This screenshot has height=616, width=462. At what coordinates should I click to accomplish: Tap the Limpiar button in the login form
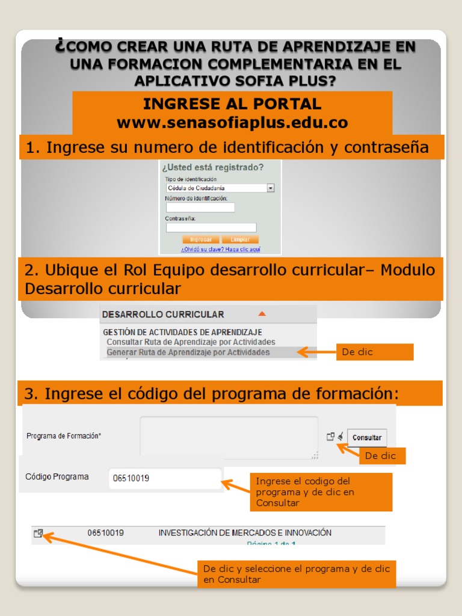(x=240, y=239)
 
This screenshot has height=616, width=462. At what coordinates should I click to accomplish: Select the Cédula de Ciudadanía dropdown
(x=220, y=188)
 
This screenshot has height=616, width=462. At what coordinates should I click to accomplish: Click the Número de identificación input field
(x=200, y=208)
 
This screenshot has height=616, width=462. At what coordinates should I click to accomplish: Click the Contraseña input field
(x=211, y=227)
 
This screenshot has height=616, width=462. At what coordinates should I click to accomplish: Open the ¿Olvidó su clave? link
(x=221, y=249)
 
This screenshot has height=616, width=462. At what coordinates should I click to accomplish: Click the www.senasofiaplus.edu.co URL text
(x=232, y=123)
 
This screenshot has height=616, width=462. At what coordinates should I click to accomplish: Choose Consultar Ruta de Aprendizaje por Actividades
(x=191, y=342)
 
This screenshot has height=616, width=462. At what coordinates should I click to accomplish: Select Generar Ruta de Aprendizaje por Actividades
(x=188, y=352)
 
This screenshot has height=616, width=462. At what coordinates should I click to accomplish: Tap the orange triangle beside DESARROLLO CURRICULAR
(x=262, y=313)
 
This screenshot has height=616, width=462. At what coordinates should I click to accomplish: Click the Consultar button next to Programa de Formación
(x=367, y=437)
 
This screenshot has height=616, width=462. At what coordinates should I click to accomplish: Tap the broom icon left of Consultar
(x=340, y=437)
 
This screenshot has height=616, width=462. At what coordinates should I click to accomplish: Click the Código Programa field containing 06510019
(x=165, y=479)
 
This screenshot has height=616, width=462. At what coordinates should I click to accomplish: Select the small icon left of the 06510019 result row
(x=38, y=533)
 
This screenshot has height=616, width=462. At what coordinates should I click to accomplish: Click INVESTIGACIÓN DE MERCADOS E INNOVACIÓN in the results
(x=245, y=533)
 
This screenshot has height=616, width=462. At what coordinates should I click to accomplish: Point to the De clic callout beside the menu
(x=374, y=352)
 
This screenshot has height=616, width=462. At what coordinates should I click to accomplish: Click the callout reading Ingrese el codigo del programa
(x=321, y=491)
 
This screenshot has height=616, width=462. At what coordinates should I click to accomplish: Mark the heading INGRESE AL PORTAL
(x=232, y=103)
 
